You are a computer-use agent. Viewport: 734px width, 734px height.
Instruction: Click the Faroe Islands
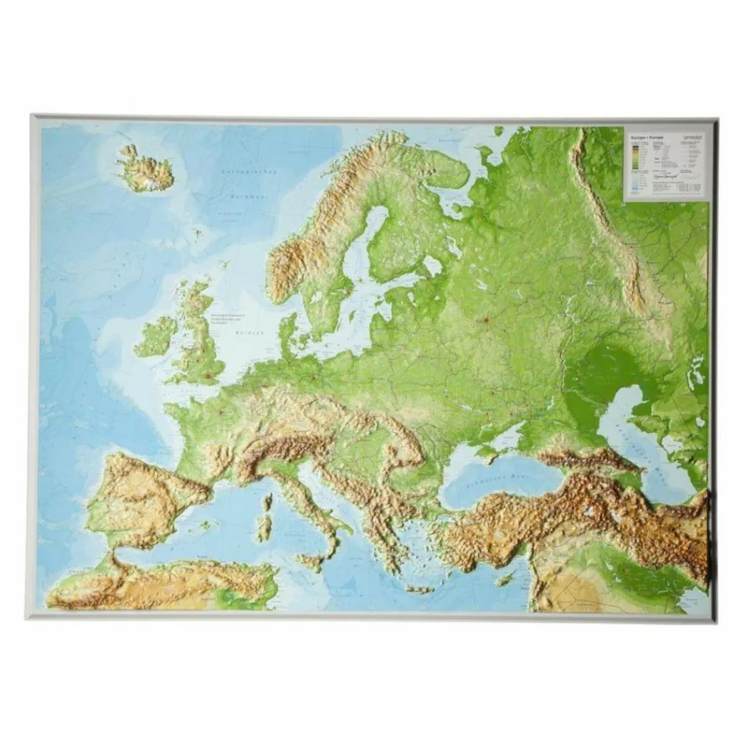click(196, 232)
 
